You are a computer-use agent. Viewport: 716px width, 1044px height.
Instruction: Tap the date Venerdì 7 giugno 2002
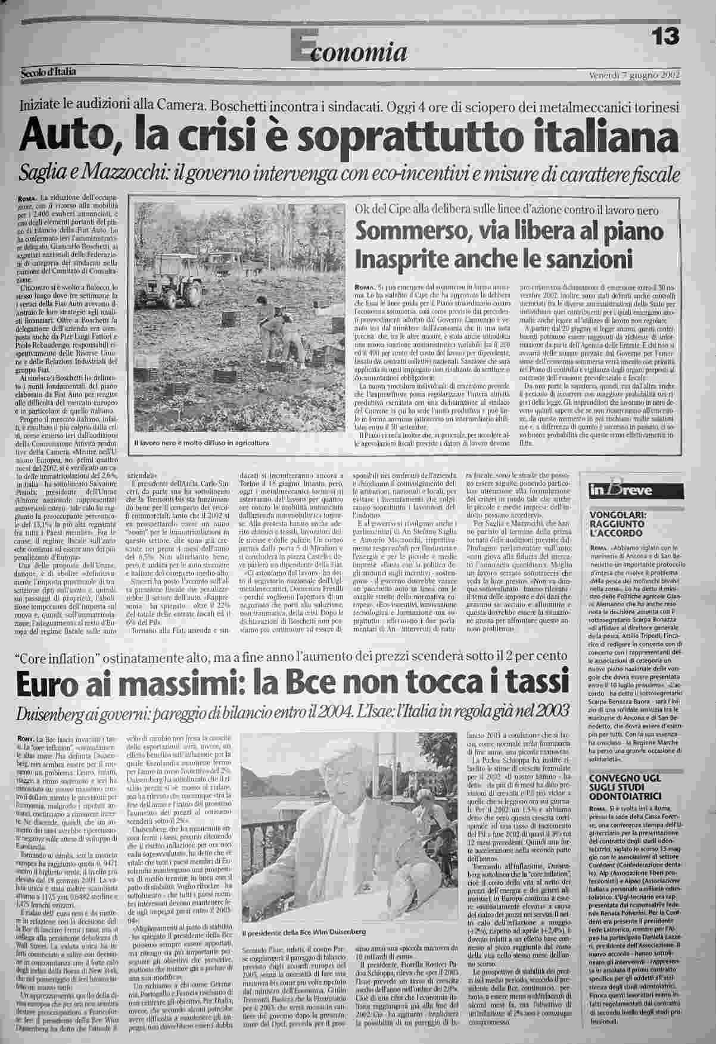click(x=634, y=75)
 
